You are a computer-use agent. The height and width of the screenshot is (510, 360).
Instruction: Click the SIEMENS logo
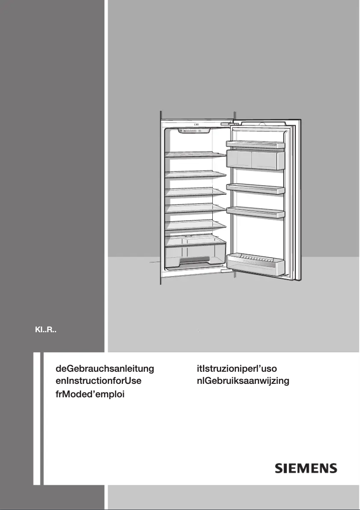pyautogui.click(x=306, y=469)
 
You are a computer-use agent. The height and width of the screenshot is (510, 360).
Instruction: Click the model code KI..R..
pyautogui.click(x=45, y=332)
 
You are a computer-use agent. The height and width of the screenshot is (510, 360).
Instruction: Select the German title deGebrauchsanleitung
pyautogui.click(x=105, y=369)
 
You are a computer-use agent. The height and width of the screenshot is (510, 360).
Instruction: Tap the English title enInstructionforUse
pyautogui.click(x=98, y=382)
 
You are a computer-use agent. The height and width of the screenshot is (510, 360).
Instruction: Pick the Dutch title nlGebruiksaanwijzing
pyautogui.click(x=243, y=382)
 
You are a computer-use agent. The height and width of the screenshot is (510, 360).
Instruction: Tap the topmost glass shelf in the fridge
pyautogui.click(x=195, y=154)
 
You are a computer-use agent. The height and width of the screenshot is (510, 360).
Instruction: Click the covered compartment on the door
pyautogui.click(x=255, y=159)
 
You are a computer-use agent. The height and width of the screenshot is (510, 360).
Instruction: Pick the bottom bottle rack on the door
pyautogui.click(x=256, y=264)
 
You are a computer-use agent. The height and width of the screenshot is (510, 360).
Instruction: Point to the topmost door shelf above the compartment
pyautogui.click(x=256, y=144)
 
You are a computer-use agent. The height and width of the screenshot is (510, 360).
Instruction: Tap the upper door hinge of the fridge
pyautogui.click(x=227, y=121)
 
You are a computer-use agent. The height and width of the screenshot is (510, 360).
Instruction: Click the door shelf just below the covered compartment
pyautogui.click(x=256, y=188)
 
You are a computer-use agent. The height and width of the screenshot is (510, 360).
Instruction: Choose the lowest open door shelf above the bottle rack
pyautogui.click(x=256, y=211)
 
